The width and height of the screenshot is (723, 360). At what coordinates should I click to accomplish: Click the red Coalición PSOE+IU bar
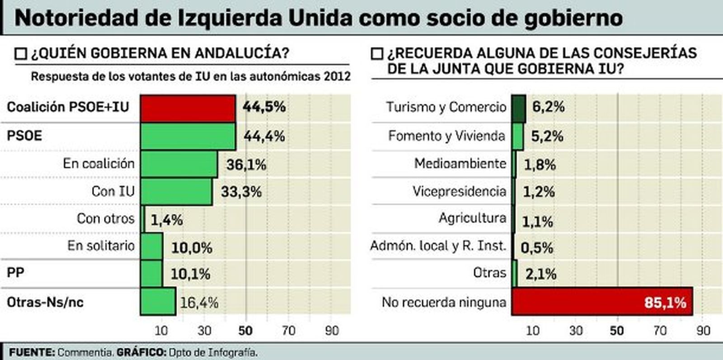(x=188, y=108)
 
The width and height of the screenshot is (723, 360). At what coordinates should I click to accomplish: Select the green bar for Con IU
(x=176, y=192)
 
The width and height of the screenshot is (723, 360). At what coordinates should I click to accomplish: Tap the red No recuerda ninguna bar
(x=601, y=301)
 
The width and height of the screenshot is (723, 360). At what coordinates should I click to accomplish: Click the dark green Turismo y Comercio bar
(x=518, y=108)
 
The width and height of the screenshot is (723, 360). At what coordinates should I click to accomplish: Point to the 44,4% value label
(x=264, y=136)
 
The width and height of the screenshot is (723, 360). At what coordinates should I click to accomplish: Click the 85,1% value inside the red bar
(x=665, y=302)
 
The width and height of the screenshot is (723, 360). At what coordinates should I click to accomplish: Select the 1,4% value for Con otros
(x=167, y=220)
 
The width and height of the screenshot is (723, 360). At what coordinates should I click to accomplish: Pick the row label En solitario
(x=101, y=246)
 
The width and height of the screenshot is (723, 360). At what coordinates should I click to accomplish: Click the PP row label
(x=15, y=273)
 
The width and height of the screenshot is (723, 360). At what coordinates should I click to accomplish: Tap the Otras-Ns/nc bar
(x=158, y=301)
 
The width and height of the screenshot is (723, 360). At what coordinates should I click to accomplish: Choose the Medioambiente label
(x=460, y=164)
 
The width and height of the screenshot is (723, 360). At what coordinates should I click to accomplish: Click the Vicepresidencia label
(x=459, y=192)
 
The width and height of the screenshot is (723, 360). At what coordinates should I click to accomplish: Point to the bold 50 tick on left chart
(x=245, y=331)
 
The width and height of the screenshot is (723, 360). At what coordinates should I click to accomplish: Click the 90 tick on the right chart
(x=703, y=331)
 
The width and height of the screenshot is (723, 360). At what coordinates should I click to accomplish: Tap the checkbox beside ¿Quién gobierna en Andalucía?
(x=21, y=54)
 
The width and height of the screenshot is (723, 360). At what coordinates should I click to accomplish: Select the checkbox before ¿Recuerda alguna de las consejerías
(x=376, y=54)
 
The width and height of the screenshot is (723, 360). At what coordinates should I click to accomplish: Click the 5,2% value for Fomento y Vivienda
(x=547, y=136)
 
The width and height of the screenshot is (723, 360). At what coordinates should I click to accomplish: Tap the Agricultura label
(x=472, y=218)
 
